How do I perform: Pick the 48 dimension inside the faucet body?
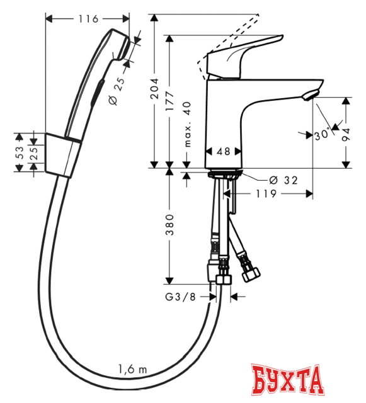[x=223, y=151]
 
